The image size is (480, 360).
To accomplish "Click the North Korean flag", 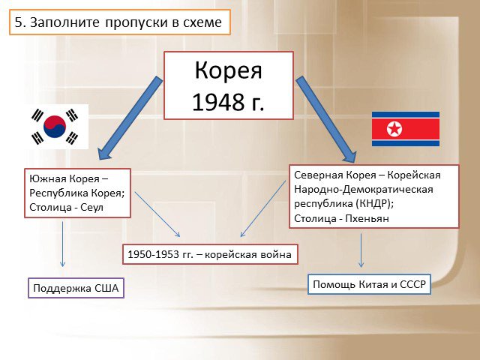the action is point(406,129).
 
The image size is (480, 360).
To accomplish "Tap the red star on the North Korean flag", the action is point(394,129).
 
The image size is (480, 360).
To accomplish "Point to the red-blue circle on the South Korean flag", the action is point(55,127).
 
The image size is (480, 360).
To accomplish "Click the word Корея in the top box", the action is point(228,70).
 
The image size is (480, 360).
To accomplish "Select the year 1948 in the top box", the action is point(217,102).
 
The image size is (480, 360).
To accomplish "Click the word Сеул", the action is point(91,207).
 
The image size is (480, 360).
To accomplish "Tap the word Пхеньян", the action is point(367,218).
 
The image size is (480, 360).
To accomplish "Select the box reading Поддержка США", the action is point(76,288).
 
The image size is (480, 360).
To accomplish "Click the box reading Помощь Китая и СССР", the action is point(369,284).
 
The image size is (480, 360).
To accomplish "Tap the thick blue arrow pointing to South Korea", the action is point(130,118).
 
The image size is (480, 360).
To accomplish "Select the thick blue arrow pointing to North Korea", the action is point(326,120).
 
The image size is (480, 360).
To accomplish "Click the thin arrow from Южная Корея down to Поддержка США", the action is point(63,244).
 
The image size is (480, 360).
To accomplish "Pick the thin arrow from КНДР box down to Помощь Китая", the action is point(361,250).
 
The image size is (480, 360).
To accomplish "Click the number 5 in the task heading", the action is point(18,22).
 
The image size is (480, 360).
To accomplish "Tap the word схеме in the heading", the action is point(202,22).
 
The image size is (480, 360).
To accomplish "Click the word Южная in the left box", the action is point(48,178).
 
